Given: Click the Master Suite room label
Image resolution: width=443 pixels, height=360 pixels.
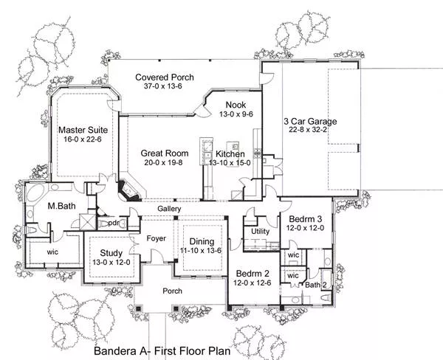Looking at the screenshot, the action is tap(83, 130).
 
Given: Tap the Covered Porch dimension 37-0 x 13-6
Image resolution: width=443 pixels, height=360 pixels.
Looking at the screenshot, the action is tap(163, 86).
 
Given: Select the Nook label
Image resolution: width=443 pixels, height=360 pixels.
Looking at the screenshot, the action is tap(236, 105).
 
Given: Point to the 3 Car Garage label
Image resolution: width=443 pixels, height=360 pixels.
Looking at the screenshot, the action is tap(310, 122).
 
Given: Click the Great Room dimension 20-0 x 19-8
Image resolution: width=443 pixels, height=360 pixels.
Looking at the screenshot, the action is tap(164, 162).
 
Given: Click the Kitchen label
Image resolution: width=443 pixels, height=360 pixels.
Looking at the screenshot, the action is tap(230, 154).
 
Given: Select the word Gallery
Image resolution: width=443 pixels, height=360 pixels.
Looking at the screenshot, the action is tap(169, 209).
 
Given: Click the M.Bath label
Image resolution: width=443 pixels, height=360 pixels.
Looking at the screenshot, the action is tap(61, 206).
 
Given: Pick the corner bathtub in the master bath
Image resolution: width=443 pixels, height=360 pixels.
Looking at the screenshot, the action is tap(35, 193).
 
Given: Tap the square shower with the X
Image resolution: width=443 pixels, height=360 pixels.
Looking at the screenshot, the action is tap(88, 222).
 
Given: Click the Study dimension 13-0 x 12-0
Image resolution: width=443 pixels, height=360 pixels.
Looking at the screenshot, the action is tap(111, 263).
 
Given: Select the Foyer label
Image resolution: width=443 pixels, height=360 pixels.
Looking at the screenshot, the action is tap(157, 238).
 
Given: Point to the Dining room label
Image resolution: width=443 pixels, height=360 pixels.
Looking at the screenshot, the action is tap(202, 241).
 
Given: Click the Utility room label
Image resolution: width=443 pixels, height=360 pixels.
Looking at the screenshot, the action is tap(260, 231).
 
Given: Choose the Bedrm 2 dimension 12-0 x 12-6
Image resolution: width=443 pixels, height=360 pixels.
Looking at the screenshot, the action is tap(253, 283).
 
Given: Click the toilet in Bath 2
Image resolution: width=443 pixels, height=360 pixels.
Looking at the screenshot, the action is tap(326, 297).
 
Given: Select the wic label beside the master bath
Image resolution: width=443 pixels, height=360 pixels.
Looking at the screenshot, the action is tap(52, 252).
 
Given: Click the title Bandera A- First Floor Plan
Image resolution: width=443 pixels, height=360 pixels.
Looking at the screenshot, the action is tap(162, 351).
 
